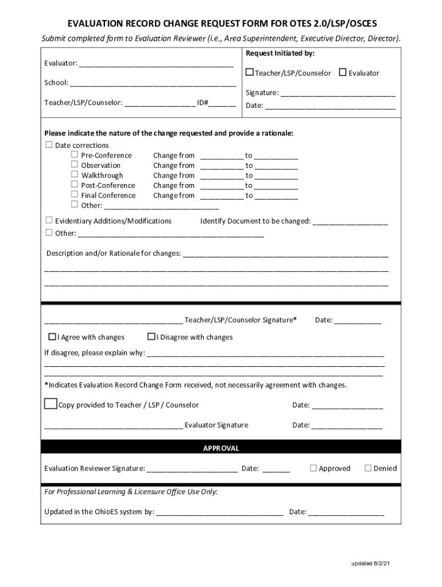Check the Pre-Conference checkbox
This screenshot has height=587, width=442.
pos(75,155)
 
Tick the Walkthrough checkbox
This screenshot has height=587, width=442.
pos(75,175)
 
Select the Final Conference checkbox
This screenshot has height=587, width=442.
pos(75,195)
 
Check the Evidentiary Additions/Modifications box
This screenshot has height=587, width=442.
pos(49,220)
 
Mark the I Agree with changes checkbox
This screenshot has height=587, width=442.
pos(52,336)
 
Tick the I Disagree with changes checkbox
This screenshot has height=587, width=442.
pos(152,336)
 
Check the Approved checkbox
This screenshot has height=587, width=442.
pos(313,468)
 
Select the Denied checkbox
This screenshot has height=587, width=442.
pos(368,468)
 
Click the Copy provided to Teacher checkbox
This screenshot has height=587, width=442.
pos(51,404)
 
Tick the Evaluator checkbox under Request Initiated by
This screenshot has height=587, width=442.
pos(343,73)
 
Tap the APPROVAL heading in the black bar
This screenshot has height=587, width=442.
pos(221,448)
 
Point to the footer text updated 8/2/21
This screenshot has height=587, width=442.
pos(371,564)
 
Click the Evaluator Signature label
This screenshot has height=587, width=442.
pos(216,425)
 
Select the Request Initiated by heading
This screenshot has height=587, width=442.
pos(280,53)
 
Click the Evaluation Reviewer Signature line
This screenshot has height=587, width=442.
pos(192,469)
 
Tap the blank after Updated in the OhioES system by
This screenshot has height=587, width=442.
pos(220,513)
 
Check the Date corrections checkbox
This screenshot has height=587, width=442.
pos(49,144)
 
